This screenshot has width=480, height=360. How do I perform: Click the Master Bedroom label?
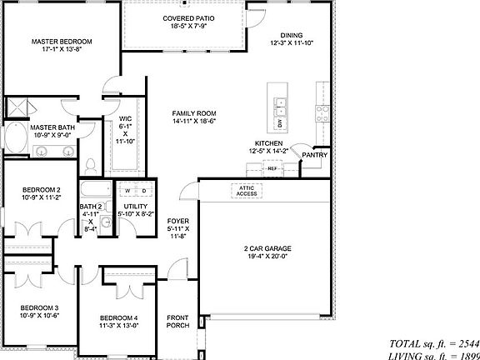click(x=62, y=41)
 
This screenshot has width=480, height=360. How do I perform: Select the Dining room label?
click(x=292, y=35)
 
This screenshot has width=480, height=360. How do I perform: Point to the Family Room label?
click(x=194, y=113)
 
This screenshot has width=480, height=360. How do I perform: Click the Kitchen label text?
click(x=269, y=143)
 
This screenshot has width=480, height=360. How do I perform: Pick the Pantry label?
click(x=314, y=155)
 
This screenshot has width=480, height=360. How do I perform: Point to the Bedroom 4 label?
click(x=119, y=317)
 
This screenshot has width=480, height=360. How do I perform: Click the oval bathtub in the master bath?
click(x=15, y=135)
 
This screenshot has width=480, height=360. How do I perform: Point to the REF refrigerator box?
click(x=272, y=168)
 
